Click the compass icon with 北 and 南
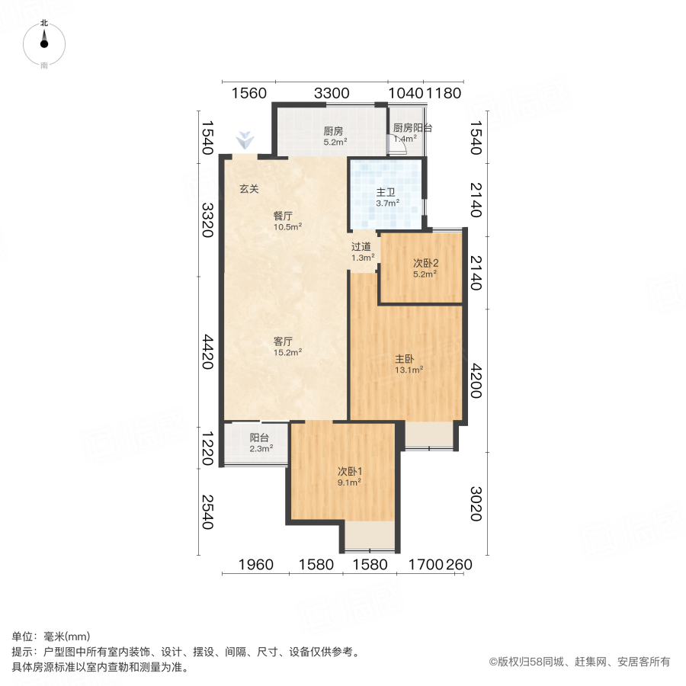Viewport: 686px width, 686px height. (x=44, y=44)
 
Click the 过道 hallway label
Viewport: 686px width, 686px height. (x=361, y=247)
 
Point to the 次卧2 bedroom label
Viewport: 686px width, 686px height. (x=425, y=263)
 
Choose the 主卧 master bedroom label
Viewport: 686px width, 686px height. (x=405, y=358)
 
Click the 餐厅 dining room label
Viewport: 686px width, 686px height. (x=284, y=216)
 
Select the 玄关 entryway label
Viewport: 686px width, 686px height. (x=249, y=189)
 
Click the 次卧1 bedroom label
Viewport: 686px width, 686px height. (x=349, y=471)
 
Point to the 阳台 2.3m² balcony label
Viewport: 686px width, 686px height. (x=259, y=438)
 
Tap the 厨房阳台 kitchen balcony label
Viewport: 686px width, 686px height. (x=412, y=129)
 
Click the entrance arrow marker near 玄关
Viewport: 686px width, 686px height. (x=244, y=139)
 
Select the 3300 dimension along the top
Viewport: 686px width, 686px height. (x=332, y=93)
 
